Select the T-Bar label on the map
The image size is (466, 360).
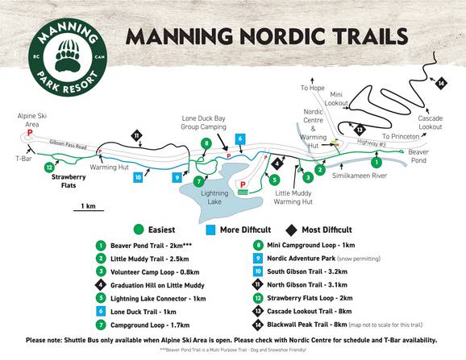pos(14,159)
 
